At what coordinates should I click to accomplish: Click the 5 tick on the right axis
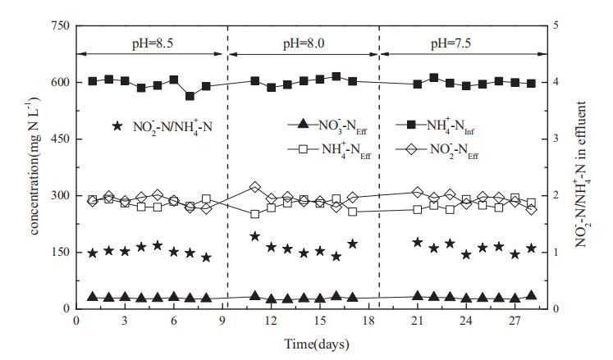coord(559,26)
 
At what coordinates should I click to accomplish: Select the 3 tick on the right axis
coord(559,139)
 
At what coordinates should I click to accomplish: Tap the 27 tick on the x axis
coord(515,321)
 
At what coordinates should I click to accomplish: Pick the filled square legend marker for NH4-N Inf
coord(410,125)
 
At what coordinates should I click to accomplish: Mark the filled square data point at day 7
coord(190,96)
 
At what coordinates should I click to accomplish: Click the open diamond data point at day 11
coord(254,188)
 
